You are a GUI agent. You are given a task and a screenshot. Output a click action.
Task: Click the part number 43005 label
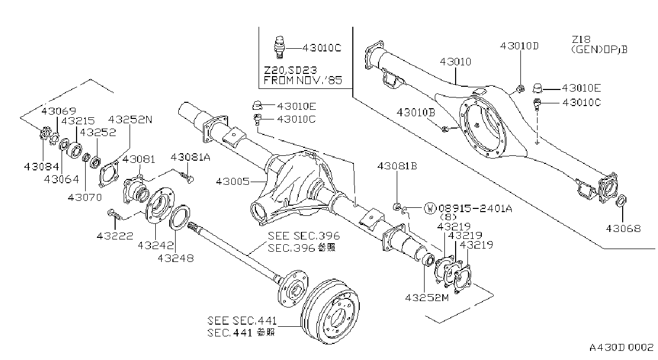click(232, 182)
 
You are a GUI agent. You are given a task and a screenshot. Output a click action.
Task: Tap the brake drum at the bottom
click(330, 311)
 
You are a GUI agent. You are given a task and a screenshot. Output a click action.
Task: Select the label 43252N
click(130, 119)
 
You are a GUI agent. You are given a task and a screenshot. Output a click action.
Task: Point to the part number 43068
click(623, 228)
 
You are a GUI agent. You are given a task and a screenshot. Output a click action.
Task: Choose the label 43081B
click(397, 166)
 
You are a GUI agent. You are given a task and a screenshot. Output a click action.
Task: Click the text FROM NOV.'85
click(303, 80)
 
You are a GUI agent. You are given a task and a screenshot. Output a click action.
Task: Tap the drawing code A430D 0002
click(621, 348)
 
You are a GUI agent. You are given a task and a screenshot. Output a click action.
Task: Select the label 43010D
click(519, 46)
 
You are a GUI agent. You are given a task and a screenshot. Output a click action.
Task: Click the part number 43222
click(115, 236)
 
